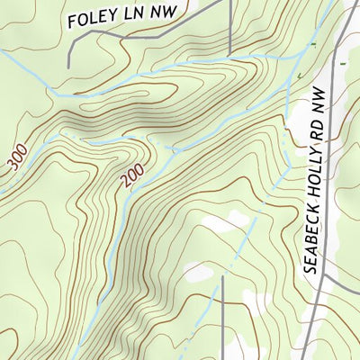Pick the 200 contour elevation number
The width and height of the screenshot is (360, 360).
(x=131, y=180)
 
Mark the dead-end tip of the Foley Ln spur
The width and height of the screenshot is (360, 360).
(x=71, y=65)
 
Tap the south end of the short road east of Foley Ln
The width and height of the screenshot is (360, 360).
(x=230, y=52)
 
